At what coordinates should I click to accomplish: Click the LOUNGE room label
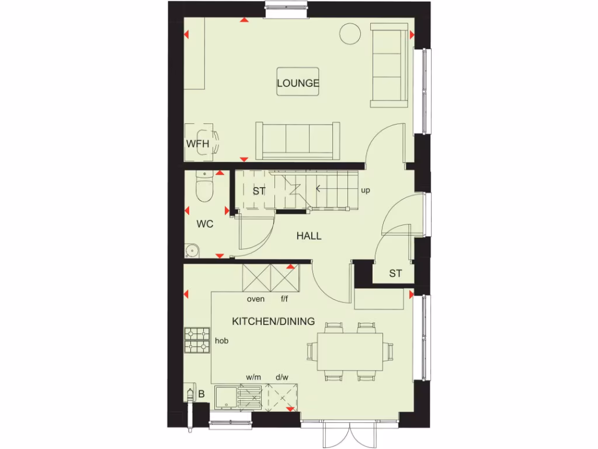[298, 83]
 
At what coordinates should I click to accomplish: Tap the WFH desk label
[197, 144]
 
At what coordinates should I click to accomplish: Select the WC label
[204, 224]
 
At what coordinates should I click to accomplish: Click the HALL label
[309, 236]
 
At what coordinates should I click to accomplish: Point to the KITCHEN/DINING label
[273, 321]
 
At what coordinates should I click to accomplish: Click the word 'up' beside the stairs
[366, 191]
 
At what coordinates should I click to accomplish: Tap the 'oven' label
[256, 299]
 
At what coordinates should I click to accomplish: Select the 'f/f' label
[284, 299]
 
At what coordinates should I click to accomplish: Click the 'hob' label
[221, 340]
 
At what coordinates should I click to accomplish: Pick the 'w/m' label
[253, 377]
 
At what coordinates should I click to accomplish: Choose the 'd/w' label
[282, 377]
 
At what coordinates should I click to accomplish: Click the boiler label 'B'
[201, 394]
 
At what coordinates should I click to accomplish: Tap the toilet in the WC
[205, 186]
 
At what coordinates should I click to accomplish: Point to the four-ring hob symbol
[197, 340]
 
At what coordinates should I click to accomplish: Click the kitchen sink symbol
[225, 399]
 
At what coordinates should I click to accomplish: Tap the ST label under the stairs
[259, 191]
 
